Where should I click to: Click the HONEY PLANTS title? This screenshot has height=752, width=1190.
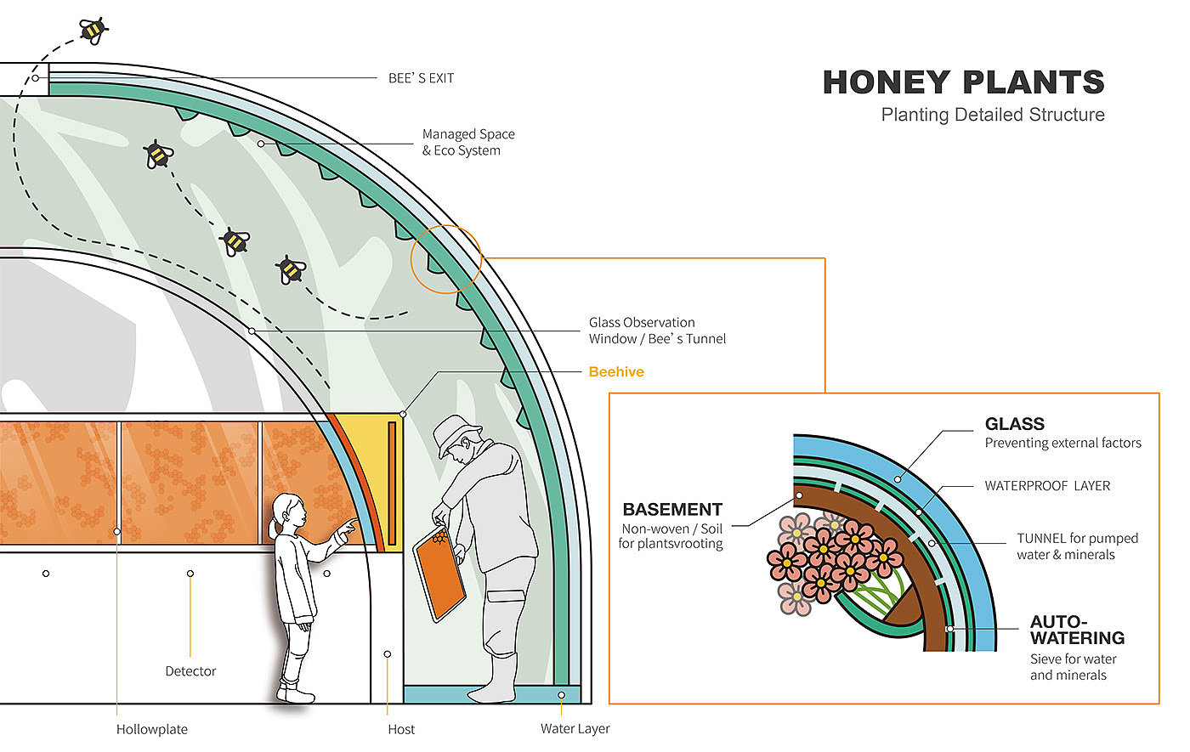point(963,82)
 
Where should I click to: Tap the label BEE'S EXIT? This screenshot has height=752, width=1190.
point(421,78)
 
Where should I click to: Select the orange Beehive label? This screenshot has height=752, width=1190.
point(616,371)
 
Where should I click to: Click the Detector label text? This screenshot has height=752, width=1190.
point(190,671)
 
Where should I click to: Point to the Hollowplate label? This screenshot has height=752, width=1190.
point(152,729)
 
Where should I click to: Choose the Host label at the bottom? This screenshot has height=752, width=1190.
point(401,729)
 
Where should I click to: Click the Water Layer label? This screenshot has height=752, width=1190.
point(575,729)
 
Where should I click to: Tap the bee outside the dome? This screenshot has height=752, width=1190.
point(93,31)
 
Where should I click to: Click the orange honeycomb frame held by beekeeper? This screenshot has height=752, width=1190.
point(439,574)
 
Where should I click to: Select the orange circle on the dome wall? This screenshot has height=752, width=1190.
point(446,258)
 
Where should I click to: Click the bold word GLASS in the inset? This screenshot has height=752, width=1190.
point(1014,424)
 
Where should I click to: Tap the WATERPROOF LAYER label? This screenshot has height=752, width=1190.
point(1047,486)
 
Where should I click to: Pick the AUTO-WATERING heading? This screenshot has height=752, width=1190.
point(1076,630)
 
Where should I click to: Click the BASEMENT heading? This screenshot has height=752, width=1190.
point(672,510)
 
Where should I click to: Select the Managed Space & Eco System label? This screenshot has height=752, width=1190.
point(468,142)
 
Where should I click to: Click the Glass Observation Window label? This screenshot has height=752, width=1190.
point(657,331)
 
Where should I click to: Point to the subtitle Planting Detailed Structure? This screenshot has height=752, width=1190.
point(992,115)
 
